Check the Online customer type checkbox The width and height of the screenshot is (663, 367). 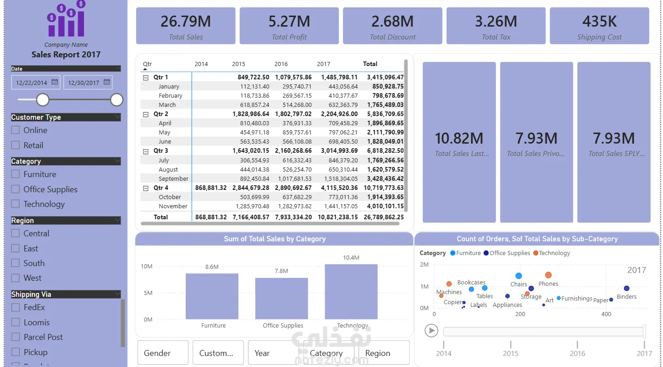16,130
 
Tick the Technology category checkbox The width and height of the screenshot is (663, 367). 16,204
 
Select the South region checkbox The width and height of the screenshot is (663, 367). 16,263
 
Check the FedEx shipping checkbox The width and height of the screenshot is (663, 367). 16,307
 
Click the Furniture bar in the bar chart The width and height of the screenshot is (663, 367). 212,296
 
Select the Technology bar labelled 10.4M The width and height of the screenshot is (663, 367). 351,292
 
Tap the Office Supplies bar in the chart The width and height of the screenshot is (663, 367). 282,299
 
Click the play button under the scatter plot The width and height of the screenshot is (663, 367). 431,330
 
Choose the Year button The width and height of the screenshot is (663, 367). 273,352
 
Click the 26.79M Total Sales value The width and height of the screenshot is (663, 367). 186,21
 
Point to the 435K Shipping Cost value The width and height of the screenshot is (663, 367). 599,21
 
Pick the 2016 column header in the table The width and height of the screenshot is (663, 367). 281,64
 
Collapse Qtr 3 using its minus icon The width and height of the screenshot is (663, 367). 146,151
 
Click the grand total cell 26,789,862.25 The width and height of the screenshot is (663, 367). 384,217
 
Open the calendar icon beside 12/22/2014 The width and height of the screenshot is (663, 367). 55,82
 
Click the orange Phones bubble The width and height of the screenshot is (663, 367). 548,275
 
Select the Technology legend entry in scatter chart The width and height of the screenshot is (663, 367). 552,253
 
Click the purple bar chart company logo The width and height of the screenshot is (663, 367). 66,19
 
